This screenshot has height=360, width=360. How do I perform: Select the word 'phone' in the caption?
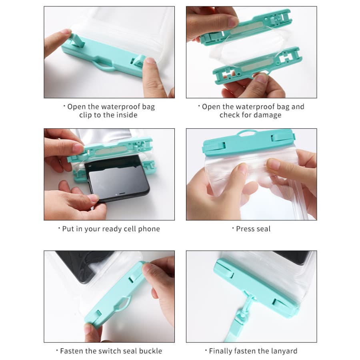(149, 229)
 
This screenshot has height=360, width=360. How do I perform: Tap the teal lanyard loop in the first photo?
(104, 67)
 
